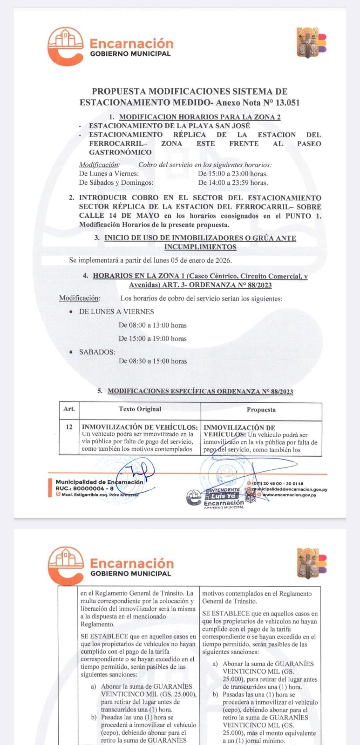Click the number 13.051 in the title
(285, 102)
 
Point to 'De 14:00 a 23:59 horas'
(232, 183)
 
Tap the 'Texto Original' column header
(140, 409)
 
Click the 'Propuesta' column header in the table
(261, 410)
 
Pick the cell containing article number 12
(69, 427)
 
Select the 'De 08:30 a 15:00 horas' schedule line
(152, 361)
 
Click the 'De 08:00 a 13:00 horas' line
(152, 325)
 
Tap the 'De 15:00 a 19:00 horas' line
(152, 339)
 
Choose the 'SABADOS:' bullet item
(97, 352)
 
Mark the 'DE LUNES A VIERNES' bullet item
(116, 312)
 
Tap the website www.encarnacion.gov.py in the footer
(289, 495)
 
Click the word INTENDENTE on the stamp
(223, 490)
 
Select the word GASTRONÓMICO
(120, 152)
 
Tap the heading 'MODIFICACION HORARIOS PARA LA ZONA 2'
(199, 117)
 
